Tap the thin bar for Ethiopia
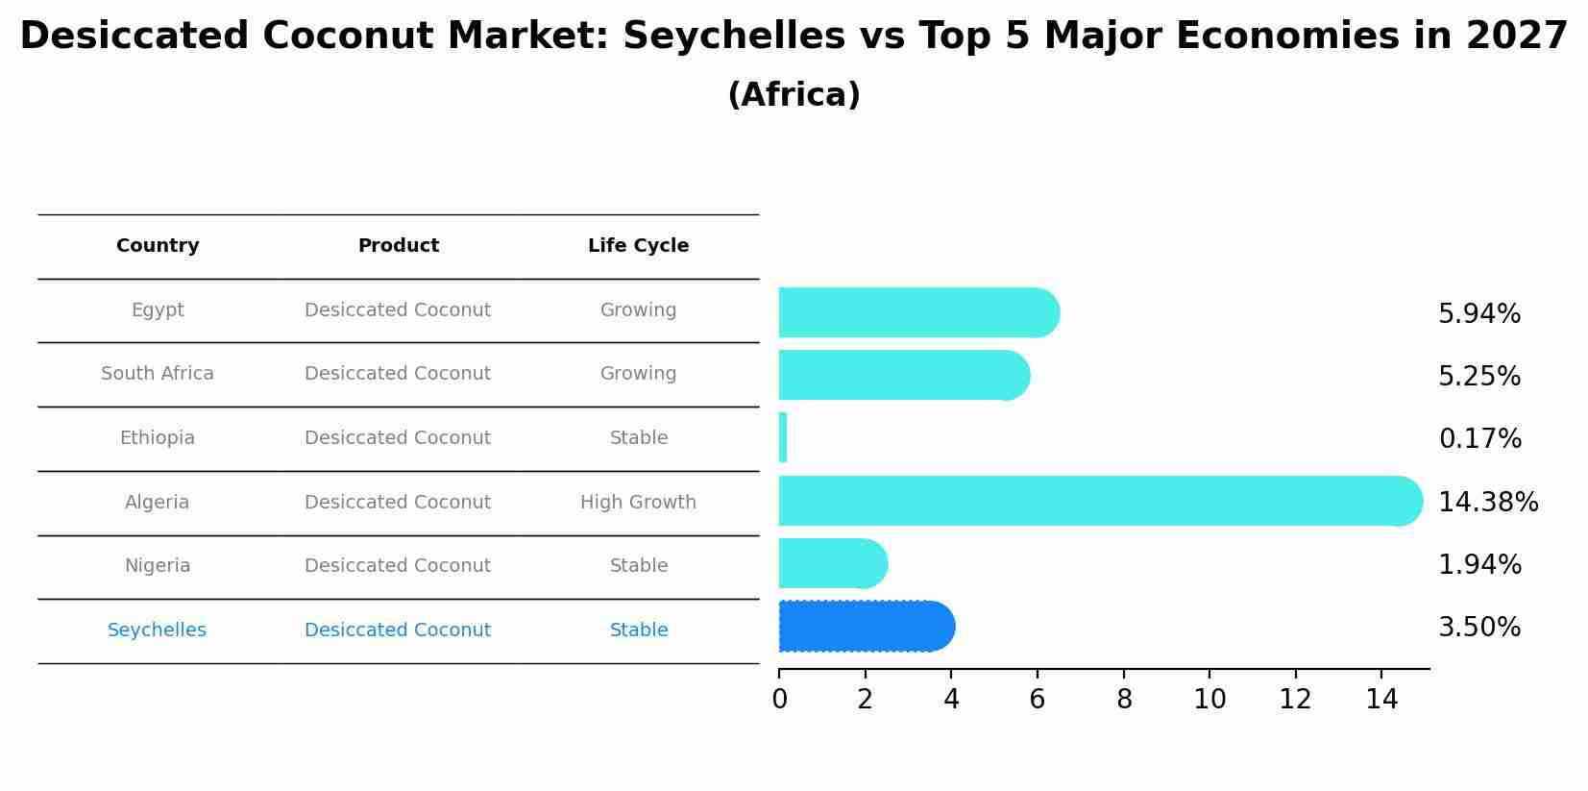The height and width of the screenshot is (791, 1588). [783, 438]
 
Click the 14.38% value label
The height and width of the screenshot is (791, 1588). [1487, 503]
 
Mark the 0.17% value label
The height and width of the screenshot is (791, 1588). [1479, 439]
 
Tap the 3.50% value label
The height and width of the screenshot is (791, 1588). [1479, 628]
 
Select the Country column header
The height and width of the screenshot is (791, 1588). [158, 246]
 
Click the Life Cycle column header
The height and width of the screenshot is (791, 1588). [638, 246]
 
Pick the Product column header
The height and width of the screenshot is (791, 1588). [398, 246]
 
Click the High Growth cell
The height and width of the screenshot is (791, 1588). [638, 503]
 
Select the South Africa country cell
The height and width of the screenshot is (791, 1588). [158, 374]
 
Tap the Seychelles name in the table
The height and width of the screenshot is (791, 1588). [157, 630]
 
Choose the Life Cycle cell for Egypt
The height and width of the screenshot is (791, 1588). [638, 310]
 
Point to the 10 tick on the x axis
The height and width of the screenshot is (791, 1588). [1209, 700]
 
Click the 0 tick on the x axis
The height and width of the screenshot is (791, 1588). [779, 700]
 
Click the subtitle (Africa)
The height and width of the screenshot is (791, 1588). [794, 95]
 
